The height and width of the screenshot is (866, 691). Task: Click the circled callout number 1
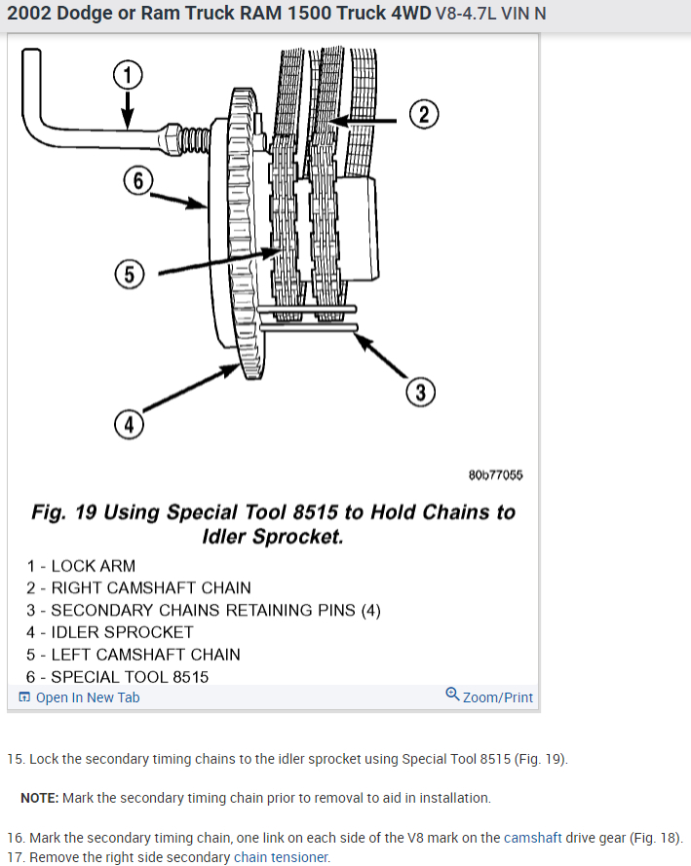(128, 73)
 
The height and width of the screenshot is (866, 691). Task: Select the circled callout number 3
(419, 393)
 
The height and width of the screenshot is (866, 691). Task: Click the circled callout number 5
(129, 275)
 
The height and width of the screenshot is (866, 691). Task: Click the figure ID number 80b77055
(495, 475)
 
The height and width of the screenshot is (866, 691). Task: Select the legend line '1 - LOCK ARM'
(82, 566)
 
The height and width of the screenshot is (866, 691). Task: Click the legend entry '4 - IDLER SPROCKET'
(110, 632)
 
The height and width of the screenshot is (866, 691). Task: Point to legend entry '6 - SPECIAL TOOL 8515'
(118, 677)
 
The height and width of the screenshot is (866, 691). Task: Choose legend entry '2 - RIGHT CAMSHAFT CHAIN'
(138, 588)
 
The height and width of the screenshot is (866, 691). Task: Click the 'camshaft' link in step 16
(534, 838)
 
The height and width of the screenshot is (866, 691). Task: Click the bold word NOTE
(40, 798)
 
